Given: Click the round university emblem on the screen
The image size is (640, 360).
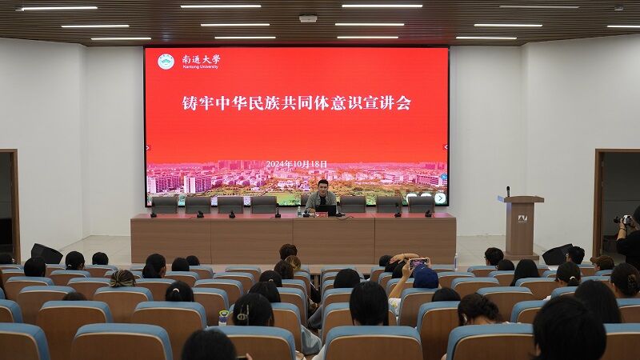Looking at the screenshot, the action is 166,62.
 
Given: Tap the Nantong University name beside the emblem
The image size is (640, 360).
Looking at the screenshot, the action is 201,62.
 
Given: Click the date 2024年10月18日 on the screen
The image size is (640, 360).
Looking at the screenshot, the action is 296,164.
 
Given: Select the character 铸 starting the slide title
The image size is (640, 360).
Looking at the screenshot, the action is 190,103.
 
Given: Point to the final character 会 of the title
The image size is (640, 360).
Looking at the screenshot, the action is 403,103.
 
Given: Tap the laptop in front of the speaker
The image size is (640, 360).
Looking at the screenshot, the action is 326,210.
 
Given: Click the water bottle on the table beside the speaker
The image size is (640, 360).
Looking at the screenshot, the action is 299,211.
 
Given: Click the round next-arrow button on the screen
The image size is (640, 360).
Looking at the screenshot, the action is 440,198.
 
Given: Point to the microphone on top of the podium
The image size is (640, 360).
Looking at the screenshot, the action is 508,191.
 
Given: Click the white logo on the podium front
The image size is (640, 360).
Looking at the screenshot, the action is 522,218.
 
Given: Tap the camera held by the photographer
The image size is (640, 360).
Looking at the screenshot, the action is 623,219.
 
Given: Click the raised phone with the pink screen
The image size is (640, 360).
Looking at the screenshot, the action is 418,262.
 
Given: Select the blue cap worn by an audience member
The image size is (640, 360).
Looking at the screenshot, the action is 426,278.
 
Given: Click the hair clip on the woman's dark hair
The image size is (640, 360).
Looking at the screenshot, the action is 242,313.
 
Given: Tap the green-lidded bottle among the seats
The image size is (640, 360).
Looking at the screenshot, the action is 223,318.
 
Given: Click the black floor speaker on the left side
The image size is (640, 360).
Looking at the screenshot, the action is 46,254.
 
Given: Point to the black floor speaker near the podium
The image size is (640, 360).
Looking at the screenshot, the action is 557,254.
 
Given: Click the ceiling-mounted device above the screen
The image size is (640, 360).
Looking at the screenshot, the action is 308,18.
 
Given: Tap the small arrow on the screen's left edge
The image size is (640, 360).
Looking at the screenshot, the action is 148,147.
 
